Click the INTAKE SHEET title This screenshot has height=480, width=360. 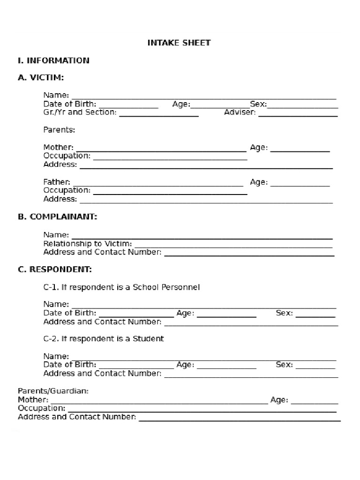179,43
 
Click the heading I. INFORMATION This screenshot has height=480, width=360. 53,60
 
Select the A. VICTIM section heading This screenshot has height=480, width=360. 41,78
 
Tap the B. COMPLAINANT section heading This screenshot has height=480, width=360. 58,217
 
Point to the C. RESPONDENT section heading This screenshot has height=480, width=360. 55,270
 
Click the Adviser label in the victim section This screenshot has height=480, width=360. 240,112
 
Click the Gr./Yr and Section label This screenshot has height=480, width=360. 80,112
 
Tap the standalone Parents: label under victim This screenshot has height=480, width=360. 59,130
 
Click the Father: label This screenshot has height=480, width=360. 57,182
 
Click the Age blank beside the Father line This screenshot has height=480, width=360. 300,185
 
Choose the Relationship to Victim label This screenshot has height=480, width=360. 88,244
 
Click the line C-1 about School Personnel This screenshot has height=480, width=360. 121,287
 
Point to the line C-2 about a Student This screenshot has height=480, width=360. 104,338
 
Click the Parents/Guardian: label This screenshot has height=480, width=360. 53,390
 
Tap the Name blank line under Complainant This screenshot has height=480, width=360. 202,238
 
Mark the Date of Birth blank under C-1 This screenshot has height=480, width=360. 136,316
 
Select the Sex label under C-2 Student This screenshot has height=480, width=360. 284,365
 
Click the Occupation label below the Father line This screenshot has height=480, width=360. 67,190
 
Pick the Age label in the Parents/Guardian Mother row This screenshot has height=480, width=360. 279,400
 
